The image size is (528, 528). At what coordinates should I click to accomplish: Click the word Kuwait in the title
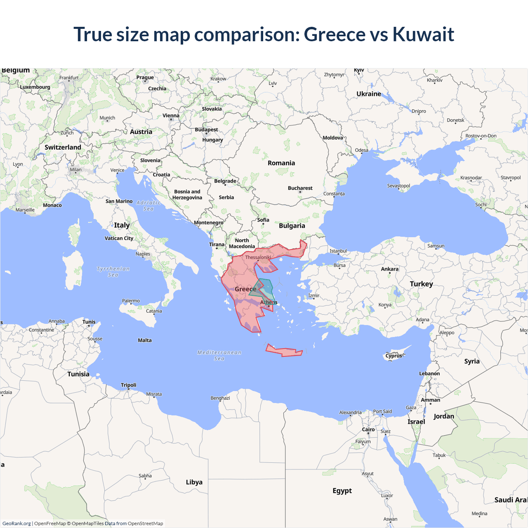click(x=423, y=34)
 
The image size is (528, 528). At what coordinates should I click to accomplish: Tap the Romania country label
click(x=281, y=163)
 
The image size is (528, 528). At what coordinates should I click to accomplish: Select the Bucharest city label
click(x=300, y=188)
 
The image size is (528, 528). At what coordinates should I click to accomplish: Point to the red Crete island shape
click(x=284, y=351)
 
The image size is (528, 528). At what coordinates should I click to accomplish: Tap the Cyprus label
click(x=394, y=356)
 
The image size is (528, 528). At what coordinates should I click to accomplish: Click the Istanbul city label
click(x=338, y=251)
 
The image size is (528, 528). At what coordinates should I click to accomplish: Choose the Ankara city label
click(x=389, y=269)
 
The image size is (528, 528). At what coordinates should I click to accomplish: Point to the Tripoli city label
click(x=128, y=385)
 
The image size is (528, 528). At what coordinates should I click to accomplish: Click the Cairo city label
click(x=368, y=429)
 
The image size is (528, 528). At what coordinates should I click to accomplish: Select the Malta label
click(x=145, y=340)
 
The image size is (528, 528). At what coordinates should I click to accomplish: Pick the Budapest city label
click(x=206, y=130)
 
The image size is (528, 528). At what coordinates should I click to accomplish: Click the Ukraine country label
click(x=369, y=94)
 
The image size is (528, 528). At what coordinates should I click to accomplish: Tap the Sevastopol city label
click(x=398, y=186)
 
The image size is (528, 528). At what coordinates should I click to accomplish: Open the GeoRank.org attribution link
click(x=16, y=523)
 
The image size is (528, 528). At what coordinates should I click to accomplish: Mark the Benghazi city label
click(x=220, y=398)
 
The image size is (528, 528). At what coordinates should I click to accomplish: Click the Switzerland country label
click(x=63, y=147)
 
